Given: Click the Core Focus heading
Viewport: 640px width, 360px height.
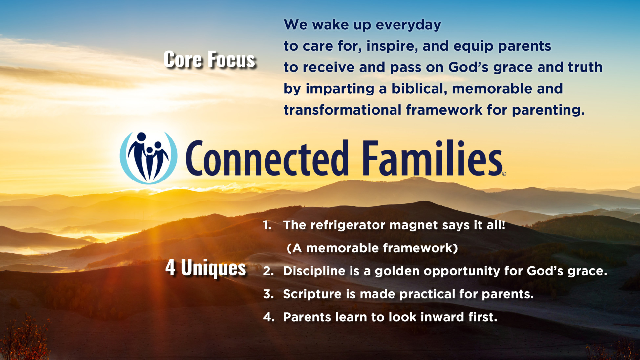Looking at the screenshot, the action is point(209,59).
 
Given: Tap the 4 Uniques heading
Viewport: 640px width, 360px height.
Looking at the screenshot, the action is point(206,268).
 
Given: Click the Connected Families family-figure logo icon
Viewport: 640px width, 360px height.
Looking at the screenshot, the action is point(149,158).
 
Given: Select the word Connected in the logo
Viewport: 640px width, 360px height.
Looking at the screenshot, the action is point(267,158).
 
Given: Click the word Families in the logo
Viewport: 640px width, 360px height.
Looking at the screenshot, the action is point(432,158).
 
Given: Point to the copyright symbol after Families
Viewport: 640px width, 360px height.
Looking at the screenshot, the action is point(504,174).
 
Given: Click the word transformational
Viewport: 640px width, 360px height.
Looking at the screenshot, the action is point(343,110).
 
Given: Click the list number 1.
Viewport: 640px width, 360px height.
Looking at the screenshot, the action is point(267,225).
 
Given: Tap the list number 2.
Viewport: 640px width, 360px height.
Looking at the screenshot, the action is point(268,271).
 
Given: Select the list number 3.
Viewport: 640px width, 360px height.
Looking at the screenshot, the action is point(268,294).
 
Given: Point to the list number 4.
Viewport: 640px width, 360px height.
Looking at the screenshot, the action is point(268,317).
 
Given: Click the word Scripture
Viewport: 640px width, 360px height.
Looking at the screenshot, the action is point(312,294).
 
